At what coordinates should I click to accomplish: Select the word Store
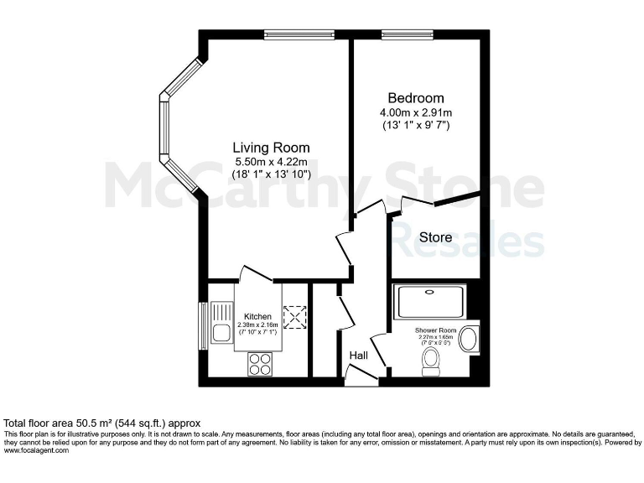(435, 237)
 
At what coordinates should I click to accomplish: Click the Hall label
(359, 356)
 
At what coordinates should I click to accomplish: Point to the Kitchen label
(257, 316)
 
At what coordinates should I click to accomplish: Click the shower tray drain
(429, 293)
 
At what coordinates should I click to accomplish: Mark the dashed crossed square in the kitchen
(295, 316)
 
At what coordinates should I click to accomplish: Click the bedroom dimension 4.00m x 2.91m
(416, 112)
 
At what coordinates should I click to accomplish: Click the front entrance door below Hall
(361, 382)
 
